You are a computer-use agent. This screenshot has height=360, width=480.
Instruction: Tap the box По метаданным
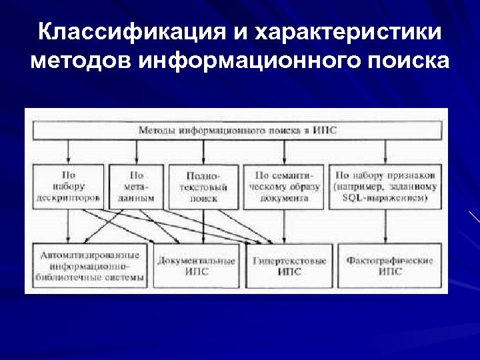[136, 187]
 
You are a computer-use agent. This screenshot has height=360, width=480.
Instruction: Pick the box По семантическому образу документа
[283, 187]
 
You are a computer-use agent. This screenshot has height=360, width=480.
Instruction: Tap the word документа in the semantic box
[284, 198]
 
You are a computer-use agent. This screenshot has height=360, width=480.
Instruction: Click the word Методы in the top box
[157, 131]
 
